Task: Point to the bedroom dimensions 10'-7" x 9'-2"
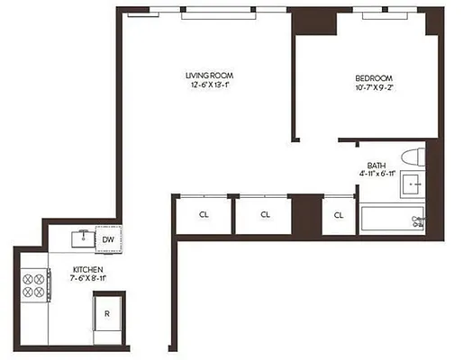pyautogui.click(x=374, y=88)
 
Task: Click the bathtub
pyautogui.click(x=392, y=220)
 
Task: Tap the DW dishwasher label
pyautogui.click(x=107, y=240)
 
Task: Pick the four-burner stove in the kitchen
pyautogui.click(x=34, y=284)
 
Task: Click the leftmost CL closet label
pyautogui.click(x=204, y=215)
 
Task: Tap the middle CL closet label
pyautogui.click(x=266, y=215)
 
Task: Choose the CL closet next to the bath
pyautogui.click(x=339, y=215)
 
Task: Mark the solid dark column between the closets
pyautogui.click(x=307, y=215)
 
